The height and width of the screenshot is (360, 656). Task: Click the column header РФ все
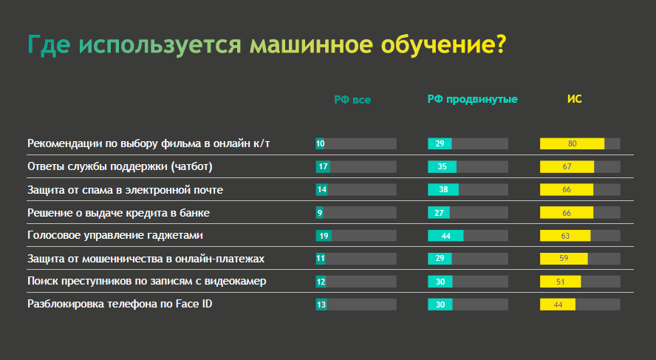tap(352, 100)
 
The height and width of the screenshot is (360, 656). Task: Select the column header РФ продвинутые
tap(472, 99)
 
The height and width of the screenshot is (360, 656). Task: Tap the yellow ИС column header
tap(575, 99)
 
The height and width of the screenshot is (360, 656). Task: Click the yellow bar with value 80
tap(572, 143)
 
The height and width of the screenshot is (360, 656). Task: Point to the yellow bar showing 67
tap(567, 166)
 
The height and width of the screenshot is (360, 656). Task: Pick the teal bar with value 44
tap(445, 236)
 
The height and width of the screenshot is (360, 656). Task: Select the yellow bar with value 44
tap(558, 305)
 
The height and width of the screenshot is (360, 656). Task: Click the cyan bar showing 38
tap(443, 190)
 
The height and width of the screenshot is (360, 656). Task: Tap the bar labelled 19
tap(324, 236)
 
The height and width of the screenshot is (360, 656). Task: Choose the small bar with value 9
tap(319, 213)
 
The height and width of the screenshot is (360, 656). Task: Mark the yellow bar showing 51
tap(560, 282)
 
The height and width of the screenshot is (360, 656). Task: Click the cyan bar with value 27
tap(439, 213)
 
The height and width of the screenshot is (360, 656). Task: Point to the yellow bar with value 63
tap(565, 236)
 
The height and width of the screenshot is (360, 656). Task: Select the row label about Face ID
tap(120, 304)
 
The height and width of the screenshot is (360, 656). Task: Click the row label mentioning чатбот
tap(120, 166)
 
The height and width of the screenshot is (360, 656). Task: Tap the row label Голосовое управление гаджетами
tap(115, 235)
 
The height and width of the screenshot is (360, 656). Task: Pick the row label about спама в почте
tap(125, 190)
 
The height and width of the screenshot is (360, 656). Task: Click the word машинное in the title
tap(311, 44)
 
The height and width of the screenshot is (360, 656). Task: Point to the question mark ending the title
tap(501, 44)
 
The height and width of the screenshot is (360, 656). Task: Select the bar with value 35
tap(443, 166)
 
